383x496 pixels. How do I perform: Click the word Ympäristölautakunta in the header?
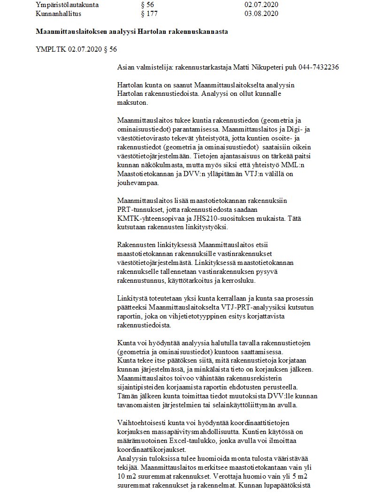point(70,5)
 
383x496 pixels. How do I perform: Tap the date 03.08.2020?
point(261,14)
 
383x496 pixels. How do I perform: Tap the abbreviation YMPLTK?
point(51,49)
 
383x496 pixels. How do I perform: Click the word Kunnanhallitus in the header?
point(58,14)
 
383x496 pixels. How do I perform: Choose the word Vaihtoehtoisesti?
point(141,422)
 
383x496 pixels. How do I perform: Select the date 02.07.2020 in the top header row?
point(261,5)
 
